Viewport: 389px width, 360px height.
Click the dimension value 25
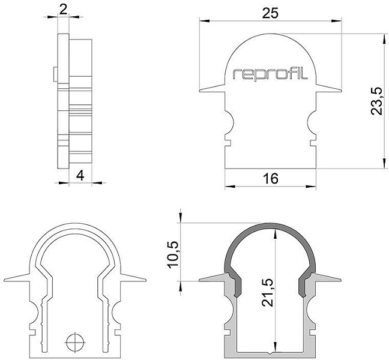click(270, 13)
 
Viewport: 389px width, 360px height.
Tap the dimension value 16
click(271, 179)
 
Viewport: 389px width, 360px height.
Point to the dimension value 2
click(64, 10)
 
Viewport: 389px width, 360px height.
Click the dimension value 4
click(80, 176)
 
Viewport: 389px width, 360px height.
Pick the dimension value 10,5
click(173, 254)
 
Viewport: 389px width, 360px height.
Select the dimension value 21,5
click(268, 293)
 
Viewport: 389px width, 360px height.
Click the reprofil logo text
click(270, 74)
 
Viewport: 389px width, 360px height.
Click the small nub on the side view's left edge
click(56, 74)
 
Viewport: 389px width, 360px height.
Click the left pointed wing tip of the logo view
click(200, 91)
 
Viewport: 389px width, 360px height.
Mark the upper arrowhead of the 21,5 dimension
click(275, 234)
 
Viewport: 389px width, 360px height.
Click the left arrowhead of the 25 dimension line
click(205, 21)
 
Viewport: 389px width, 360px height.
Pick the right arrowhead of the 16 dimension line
click(311, 186)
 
